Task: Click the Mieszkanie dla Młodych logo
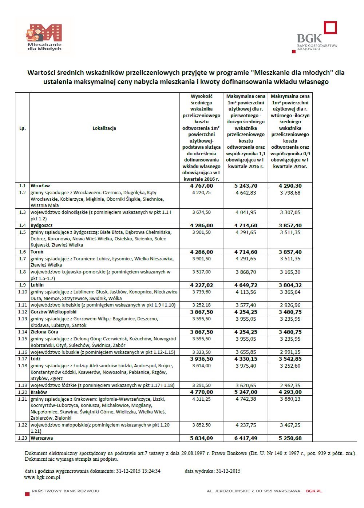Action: pos(44,37)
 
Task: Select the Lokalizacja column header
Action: pos(104,128)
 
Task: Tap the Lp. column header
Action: pos(23,128)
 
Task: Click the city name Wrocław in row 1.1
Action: pos(40,186)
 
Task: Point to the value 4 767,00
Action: pos(201,186)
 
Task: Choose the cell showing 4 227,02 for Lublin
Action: pos(201,285)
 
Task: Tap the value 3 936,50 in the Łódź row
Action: pos(201,359)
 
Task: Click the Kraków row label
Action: pos(39,392)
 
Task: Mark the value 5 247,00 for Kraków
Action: pos(246,392)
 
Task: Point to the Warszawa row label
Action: pos(42,438)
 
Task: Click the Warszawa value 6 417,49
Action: pos(246,438)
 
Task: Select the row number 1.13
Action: pos(23,319)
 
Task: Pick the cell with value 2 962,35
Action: pos(290,385)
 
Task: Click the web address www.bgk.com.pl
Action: pos(42,477)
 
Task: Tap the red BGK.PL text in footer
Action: pos(314,491)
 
